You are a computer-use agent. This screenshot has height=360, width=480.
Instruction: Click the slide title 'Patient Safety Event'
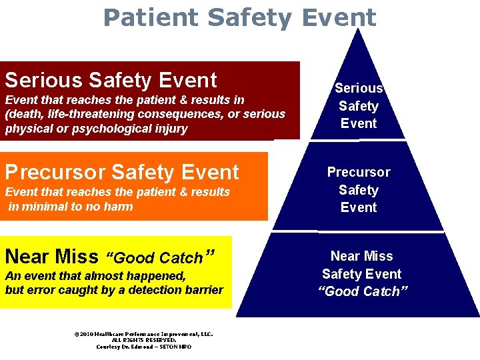240,17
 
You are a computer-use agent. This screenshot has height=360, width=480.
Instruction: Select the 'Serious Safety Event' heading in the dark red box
111,80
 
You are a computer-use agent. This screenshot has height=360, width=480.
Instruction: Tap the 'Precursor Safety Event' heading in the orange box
121,172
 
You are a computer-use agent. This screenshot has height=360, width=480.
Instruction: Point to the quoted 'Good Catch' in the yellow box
159,257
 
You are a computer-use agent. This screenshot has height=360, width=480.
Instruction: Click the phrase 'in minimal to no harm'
70,207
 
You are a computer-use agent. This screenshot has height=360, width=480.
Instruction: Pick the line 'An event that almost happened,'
95,275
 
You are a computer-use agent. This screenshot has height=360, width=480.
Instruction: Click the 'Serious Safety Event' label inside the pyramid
359,105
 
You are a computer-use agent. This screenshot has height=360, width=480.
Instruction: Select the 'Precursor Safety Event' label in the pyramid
359,189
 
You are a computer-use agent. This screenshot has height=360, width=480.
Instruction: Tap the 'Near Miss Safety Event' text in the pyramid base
362,265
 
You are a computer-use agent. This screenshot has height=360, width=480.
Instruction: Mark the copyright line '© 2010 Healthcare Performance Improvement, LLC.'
144,333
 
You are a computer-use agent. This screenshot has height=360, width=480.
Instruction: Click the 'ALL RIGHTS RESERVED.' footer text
144,340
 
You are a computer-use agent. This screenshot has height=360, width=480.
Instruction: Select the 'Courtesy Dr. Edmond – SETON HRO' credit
144,347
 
